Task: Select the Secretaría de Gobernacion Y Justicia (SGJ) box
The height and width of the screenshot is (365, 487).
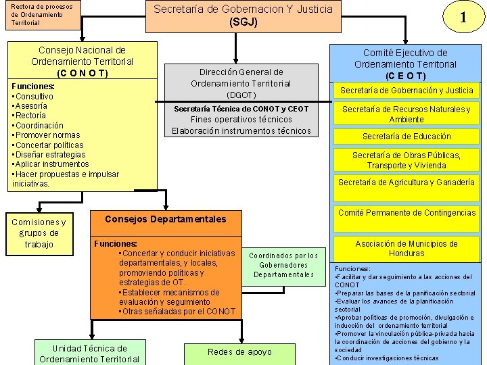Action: tap(243, 16)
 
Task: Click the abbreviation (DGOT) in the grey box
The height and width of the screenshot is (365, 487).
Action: tap(241, 95)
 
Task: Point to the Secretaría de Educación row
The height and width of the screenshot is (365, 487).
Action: tap(407, 137)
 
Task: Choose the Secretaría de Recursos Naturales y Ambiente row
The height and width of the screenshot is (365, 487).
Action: tap(407, 114)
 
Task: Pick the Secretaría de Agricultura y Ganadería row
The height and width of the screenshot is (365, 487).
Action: tap(407, 182)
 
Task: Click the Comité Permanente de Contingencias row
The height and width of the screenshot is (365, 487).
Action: tap(407, 213)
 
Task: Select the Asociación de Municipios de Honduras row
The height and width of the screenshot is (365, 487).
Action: tap(407, 249)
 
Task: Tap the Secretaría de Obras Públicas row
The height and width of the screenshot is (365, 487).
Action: tap(407, 160)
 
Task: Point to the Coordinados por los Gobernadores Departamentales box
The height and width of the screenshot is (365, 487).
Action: tap(283, 265)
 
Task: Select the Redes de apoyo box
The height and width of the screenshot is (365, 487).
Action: tap(239, 352)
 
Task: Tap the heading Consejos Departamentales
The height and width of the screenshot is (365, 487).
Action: tap(166, 219)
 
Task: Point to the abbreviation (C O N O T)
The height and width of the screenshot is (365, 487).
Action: tap(82, 73)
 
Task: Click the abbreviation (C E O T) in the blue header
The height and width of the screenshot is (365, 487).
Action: tap(406, 76)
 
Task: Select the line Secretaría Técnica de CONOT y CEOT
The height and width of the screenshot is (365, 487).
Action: tap(241, 109)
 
